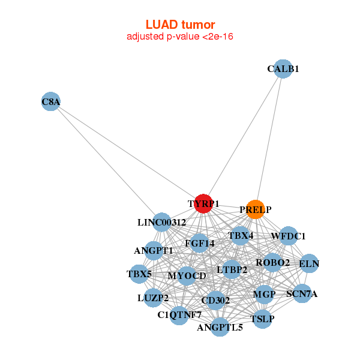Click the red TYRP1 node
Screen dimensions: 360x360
[x=203, y=203]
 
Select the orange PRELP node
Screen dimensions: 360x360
[x=256, y=209]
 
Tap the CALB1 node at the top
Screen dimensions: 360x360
[x=283, y=68]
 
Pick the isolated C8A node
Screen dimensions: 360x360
[x=51, y=102]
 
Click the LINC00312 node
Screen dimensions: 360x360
[x=161, y=222]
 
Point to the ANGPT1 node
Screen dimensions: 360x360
[x=154, y=250]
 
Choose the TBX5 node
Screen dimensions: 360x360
[x=139, y=274]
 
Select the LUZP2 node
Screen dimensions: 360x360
[x=152, y=297]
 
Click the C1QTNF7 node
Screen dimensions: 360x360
[x=179, y=314]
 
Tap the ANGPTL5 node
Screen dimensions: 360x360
[x=220, y=327]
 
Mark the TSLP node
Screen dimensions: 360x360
[x=262, y=318]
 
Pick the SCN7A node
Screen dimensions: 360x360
[x=302, y=293]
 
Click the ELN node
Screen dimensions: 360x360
[x=309, y=263]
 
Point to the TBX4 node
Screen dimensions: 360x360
[x=241, y=235]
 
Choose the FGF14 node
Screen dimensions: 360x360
[x=200, y=243]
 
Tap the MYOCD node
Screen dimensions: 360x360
[x=187, y=275]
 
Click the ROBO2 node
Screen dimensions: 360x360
[x=272, y=262]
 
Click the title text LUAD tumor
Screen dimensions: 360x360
[x=180, y=25]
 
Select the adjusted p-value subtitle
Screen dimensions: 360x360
[x=180, y=37]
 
